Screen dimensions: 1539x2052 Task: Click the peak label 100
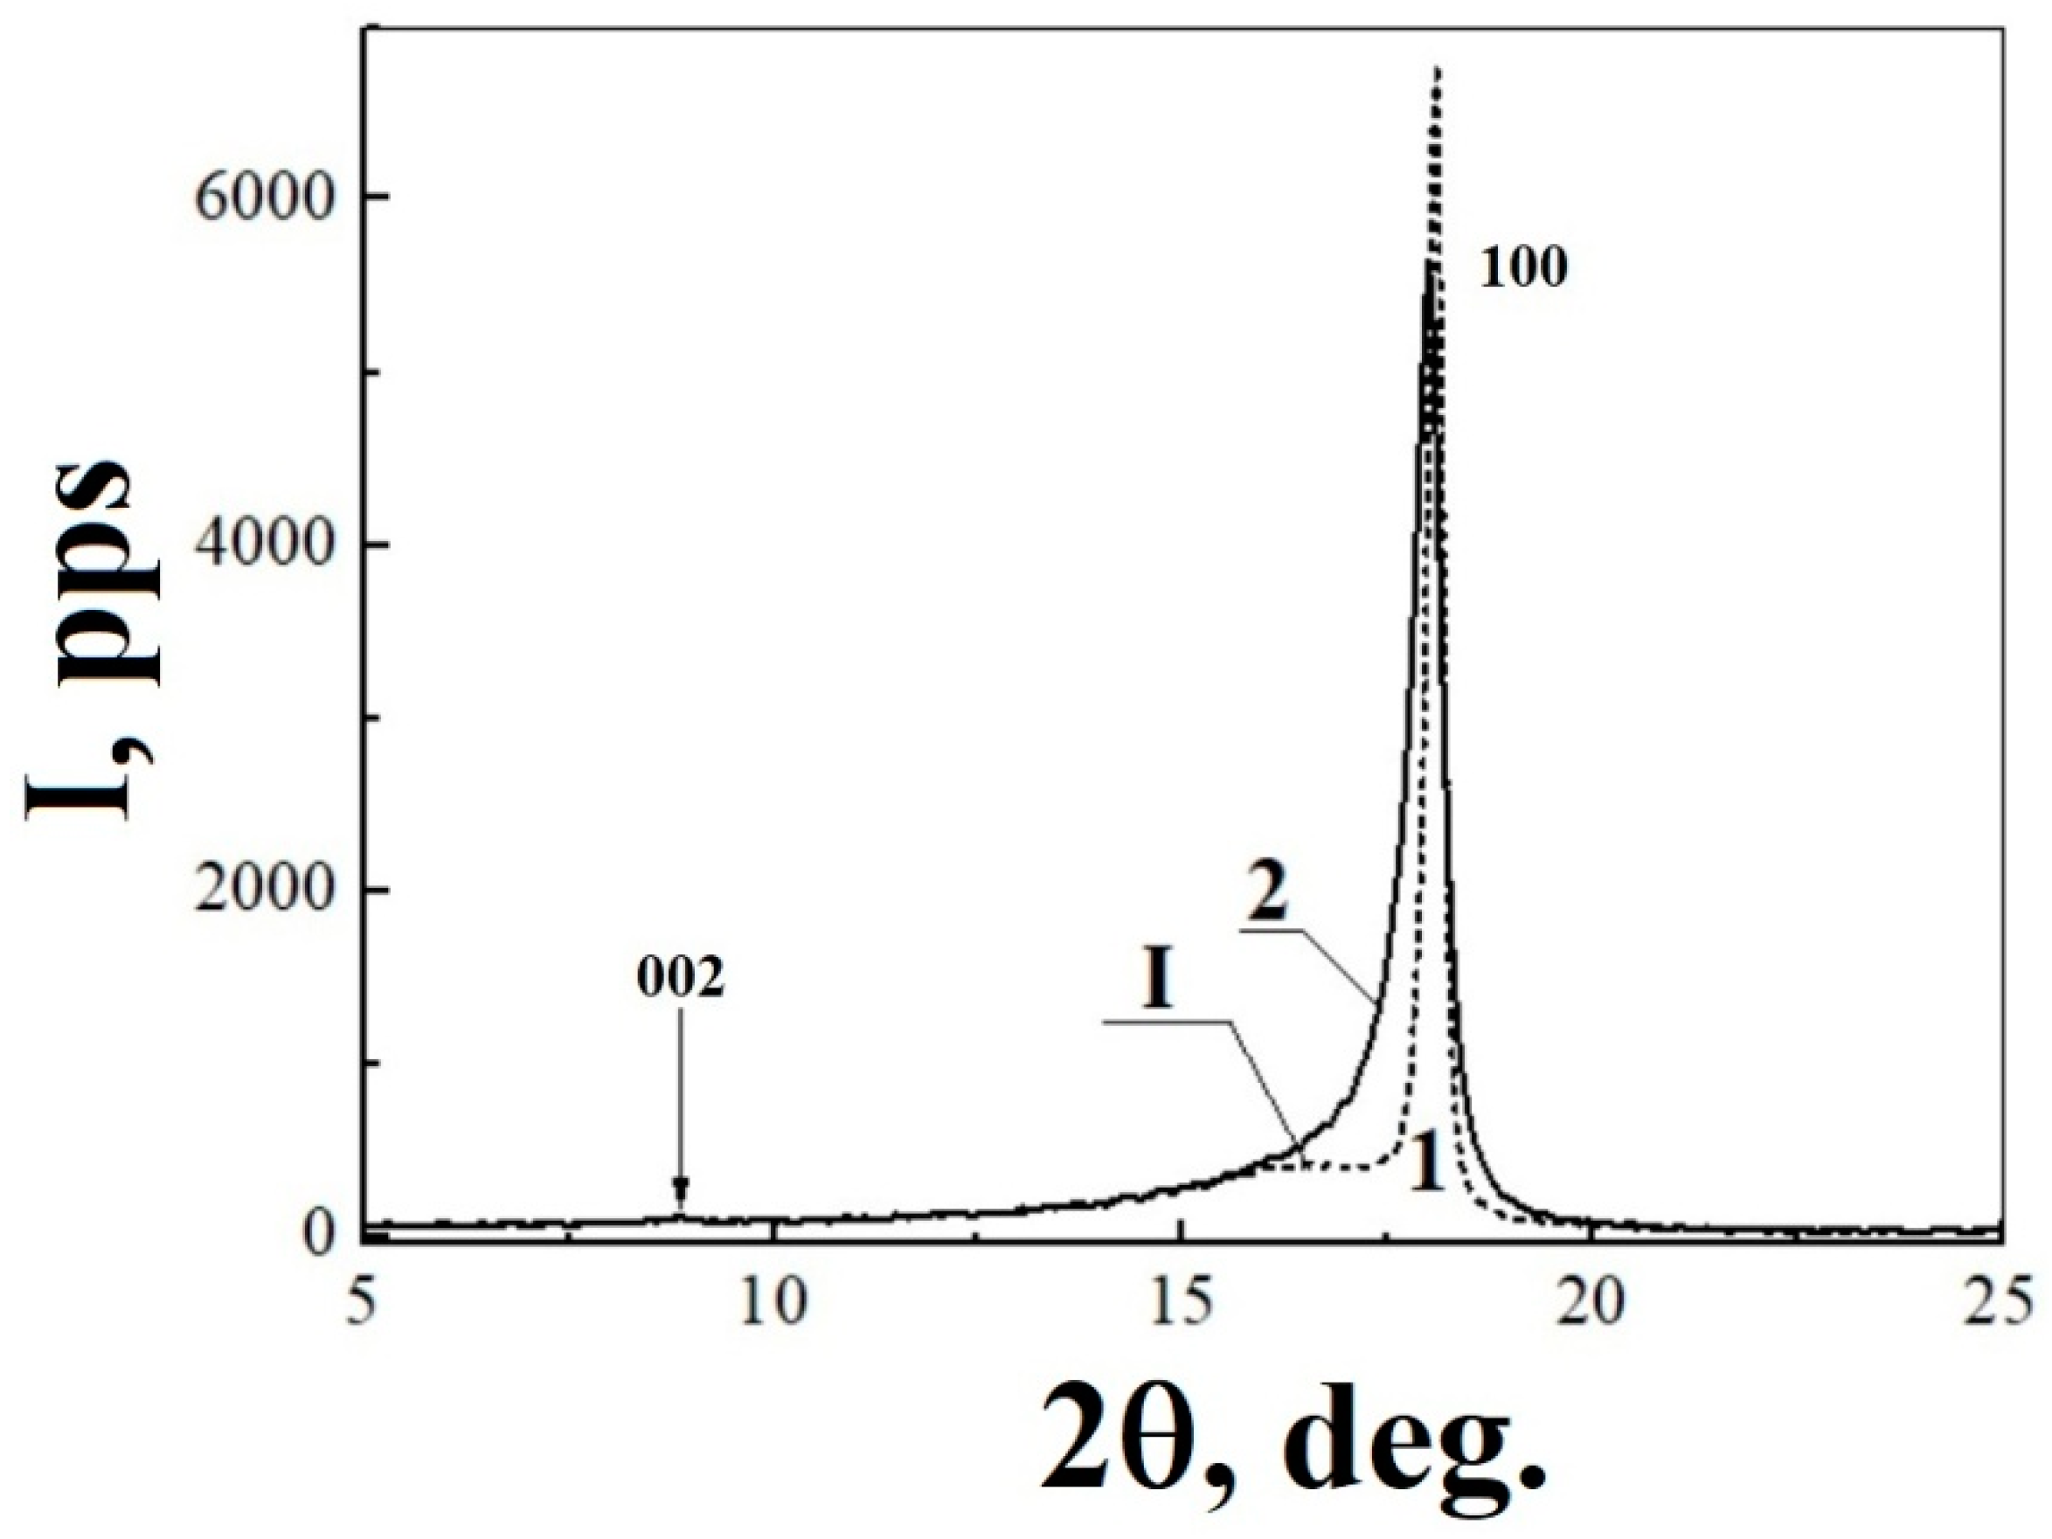1522,270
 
